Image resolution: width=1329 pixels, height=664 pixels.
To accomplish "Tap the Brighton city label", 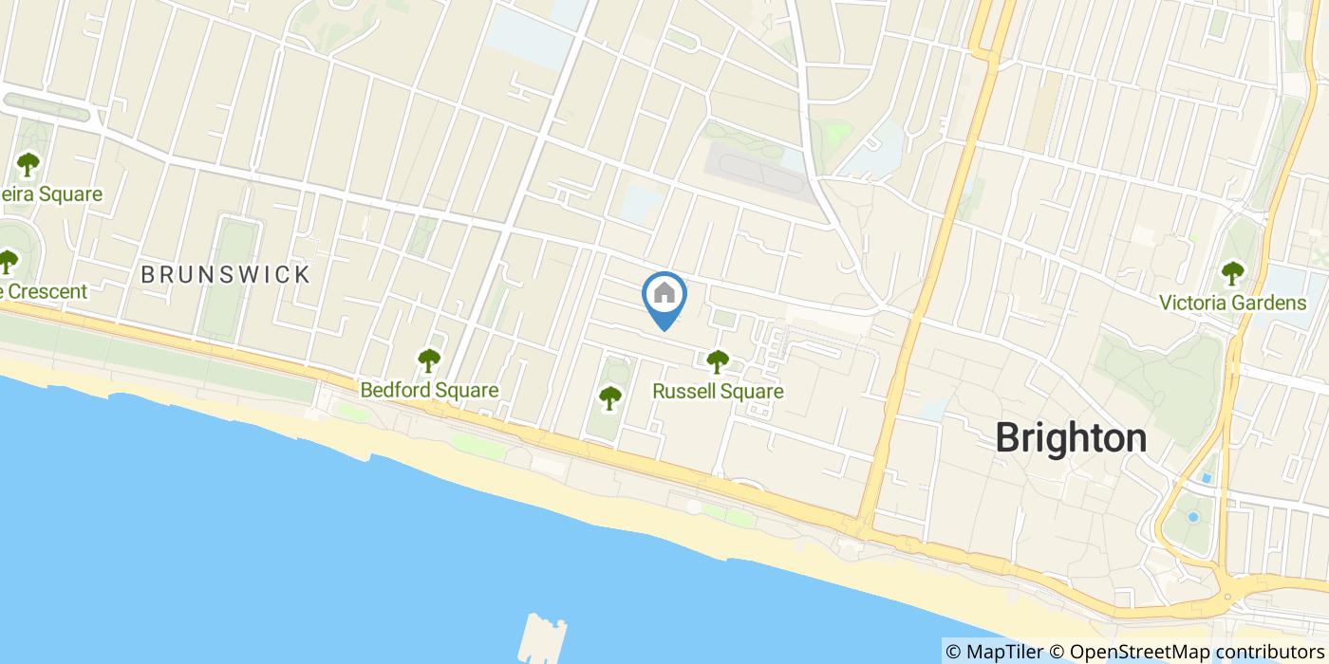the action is [1071, 438].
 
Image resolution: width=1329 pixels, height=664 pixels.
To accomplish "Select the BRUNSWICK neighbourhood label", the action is [225, 275].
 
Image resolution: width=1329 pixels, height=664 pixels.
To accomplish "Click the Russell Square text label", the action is [718, 391].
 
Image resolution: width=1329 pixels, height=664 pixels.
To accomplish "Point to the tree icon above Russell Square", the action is [718, 360].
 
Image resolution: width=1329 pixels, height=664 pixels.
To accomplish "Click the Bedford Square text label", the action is [429, 390].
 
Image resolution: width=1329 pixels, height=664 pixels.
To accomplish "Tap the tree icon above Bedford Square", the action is [429, 360].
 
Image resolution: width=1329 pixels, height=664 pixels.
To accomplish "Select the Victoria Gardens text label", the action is [1232, 304].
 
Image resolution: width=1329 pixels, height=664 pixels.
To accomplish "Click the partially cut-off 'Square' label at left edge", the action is [51, 194].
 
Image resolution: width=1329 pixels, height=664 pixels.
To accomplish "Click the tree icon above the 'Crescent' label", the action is [8, 260].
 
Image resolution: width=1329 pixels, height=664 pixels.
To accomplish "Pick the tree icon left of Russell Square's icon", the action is [609, 397].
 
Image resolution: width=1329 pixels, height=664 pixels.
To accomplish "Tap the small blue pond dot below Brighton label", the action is [1193, 517].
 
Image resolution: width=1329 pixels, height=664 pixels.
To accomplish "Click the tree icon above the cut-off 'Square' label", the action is [28, 164].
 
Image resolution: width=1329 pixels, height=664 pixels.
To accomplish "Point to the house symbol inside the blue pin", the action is [664, 293].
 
